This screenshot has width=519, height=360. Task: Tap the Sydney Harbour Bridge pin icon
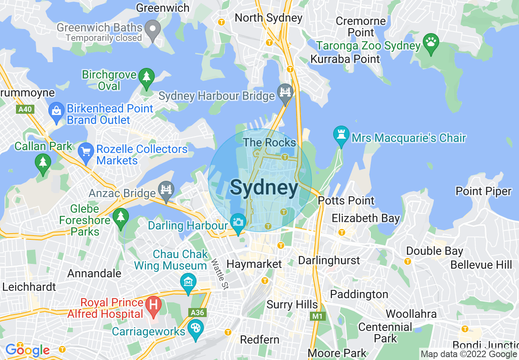[285, 92]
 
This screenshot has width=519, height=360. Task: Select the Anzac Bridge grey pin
[166, 190]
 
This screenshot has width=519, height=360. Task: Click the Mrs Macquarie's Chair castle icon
[341, 134]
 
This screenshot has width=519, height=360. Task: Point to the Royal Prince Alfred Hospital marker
[154, 306]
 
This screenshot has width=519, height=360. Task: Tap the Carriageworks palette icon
[196, 328]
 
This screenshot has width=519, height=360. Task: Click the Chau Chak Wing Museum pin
[188, 282]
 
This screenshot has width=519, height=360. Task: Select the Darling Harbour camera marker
[238, 223]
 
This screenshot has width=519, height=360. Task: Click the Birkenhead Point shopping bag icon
[56, 111]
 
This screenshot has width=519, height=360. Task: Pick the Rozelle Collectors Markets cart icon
[86, 152]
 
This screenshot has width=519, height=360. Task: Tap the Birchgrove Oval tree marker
[146, 77]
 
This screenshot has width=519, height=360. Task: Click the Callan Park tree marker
[43, 163]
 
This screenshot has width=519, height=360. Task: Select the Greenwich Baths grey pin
[153, 30]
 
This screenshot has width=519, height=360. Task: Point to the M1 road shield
[317, 316]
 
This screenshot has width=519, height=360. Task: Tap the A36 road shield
[197, 313]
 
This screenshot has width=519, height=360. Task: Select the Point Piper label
[483, 191]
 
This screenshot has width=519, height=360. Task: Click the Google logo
[27, 350]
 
